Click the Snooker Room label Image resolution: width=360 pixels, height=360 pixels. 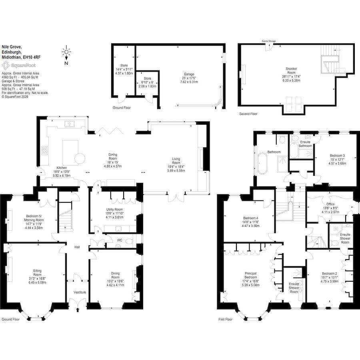pos(291,70)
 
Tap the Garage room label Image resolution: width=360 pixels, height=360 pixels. pos(189,74)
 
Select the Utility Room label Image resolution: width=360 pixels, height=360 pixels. pos(114,209)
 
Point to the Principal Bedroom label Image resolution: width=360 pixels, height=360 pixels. pos(250,275)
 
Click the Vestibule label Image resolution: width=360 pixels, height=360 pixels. pos(80,292)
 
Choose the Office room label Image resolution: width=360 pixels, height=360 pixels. pos(330,204)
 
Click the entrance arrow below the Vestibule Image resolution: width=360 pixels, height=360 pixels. pos(78,310)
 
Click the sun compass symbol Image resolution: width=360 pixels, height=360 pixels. pos(66,52)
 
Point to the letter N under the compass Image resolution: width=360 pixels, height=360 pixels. pos(66,63)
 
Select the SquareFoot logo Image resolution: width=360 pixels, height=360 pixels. pos(19,66)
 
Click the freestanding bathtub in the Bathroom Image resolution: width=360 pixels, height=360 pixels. pos(262,164)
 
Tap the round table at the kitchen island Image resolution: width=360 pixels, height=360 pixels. pos(80,158)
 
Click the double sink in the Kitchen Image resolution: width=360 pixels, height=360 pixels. pos(70,124)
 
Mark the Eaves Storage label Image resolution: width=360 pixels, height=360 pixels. pos(269,41)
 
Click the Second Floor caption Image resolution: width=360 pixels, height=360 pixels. pos(248,114)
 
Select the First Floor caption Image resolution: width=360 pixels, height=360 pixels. pos(225,319)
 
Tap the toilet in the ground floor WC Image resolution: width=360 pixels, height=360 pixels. pos(130,242)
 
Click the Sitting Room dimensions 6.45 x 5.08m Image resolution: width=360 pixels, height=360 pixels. pos(37,282)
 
